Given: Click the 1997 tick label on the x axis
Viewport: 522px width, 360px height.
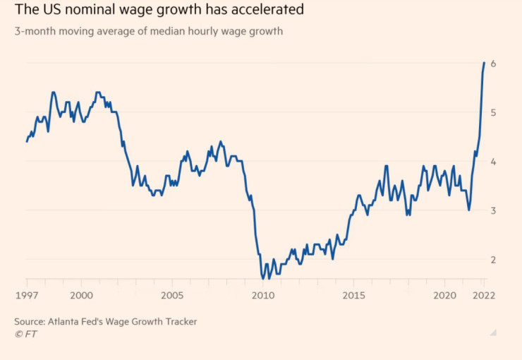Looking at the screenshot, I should (27, 296).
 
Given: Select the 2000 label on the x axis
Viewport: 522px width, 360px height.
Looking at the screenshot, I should (81, 296).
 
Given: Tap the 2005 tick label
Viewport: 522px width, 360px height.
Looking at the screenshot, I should (172, 296).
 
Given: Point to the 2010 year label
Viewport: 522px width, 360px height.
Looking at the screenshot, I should (263, 296).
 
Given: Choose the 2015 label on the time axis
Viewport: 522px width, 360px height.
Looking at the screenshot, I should (354, 296).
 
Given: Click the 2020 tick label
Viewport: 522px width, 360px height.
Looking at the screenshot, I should (444, 296).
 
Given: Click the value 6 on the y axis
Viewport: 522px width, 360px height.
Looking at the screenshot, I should (494, 64).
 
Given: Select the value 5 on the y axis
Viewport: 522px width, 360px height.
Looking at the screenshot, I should (494, 113).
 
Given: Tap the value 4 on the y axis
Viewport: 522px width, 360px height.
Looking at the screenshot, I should (494, 162).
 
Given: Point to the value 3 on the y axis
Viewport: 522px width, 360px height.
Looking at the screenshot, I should (494, 210).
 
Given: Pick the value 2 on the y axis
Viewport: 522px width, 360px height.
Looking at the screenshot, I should (494, 260).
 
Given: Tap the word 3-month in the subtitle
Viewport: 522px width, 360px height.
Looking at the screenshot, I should (33, 32).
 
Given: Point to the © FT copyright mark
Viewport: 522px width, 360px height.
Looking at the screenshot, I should (25, 334).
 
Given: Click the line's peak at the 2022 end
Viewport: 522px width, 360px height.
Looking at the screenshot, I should (484, 63).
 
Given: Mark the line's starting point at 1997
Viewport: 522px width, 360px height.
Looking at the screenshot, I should (27, 141).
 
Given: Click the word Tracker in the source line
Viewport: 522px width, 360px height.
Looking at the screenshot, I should (179, 322).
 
